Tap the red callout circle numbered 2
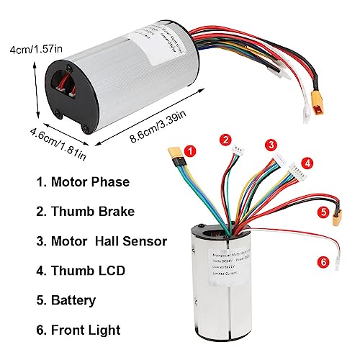coord(226,140)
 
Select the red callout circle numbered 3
coord(271,144)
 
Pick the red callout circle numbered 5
coord(323,213)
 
